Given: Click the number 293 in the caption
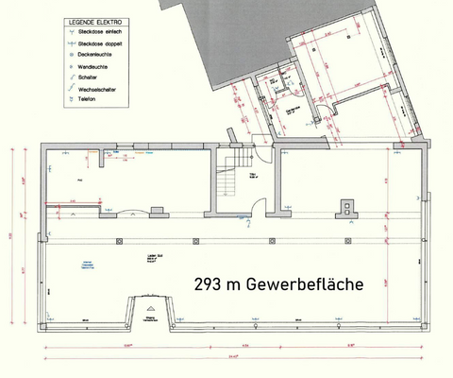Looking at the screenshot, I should click(x=208, y=283).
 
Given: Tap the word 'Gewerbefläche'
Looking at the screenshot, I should click(x=310, y=283).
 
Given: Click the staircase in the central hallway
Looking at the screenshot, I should click(x=229, y=180).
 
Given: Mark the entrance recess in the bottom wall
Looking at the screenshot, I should click(x=147, y=313).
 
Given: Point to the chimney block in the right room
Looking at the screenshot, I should click(x=351, y=208).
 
